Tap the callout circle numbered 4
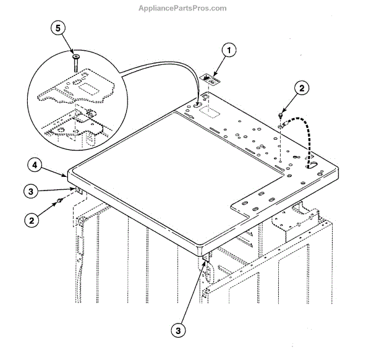tap(36, 165)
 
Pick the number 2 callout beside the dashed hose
tap(301, 88)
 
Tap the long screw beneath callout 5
tap(74, 62)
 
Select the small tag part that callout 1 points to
tap(213, 79)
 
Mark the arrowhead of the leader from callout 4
tap(69, 176)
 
